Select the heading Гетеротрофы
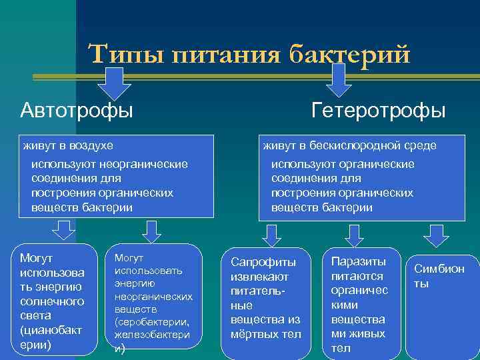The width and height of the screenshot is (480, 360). [x=379, y=109]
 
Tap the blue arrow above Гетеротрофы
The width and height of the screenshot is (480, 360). [x=339, y=80]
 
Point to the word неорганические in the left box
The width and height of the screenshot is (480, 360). [x=145, y=164]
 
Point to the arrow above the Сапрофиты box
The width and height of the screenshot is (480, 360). [x=271, y=235]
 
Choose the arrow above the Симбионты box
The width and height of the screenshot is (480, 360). [x=436, y=235]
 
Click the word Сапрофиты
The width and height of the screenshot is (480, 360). [x=263, y=261]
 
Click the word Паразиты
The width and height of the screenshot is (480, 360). [x=358, y=261]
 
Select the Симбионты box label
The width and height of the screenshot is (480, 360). [x=439, y=276]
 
